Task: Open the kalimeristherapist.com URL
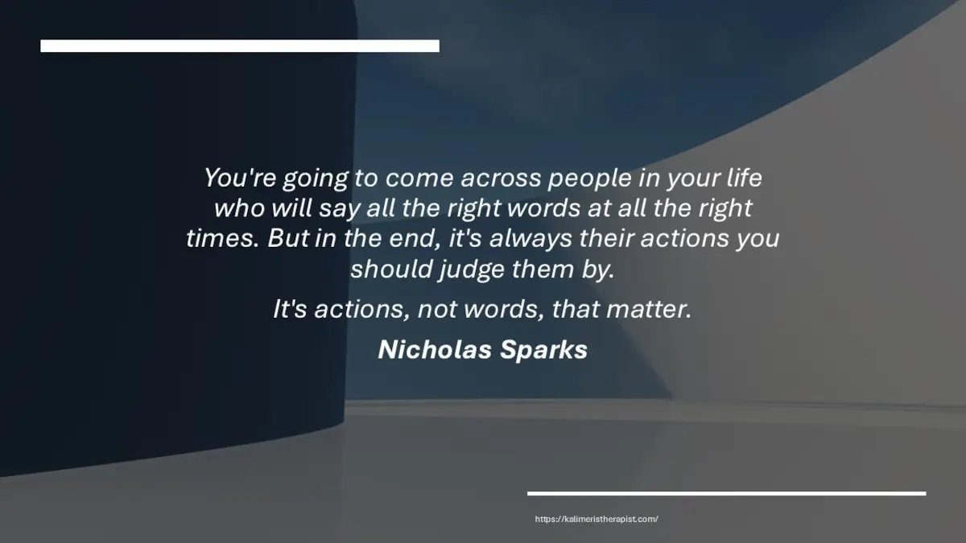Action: point(597,520)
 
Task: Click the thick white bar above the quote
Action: point(240,46)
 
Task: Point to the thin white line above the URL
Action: point(726,493)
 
